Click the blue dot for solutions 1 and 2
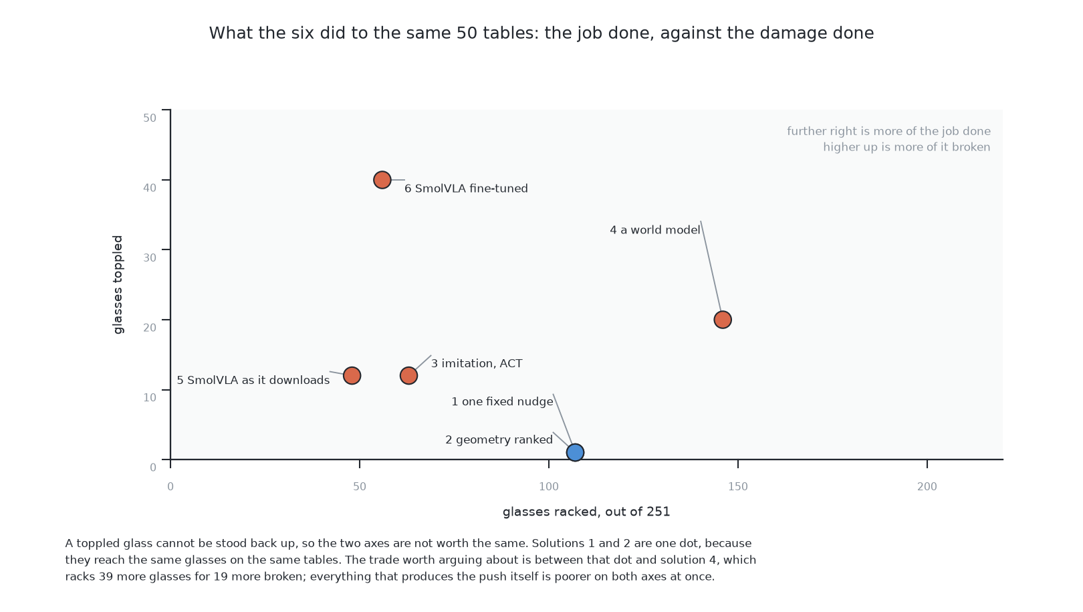(x=575, y=452)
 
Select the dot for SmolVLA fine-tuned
(x=382, y=180)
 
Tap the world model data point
(x=722, y=320)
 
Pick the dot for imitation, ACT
(x=408, y=375)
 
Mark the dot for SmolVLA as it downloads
(x=352, y=375)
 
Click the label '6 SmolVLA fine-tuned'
(x=466, y=189)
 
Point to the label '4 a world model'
(x=655, y=230)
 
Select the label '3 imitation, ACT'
(x=477, y=363)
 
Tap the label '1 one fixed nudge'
(x=502, y=401)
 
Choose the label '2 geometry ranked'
(x=499, y=439)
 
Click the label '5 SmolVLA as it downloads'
(x=253, y=381)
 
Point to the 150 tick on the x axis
(x=738, y=464)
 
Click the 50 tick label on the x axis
(x=360, y=487)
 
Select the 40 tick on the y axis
(x=166, y=180)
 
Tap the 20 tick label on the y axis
(x=150, y=328)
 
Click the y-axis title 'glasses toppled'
(x=118, y=284)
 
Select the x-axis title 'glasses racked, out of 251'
(x=586, y=512)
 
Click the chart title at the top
(x=541, y=33)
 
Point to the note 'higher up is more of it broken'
(x=907, y=147)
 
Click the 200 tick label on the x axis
(x=927, y=487)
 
